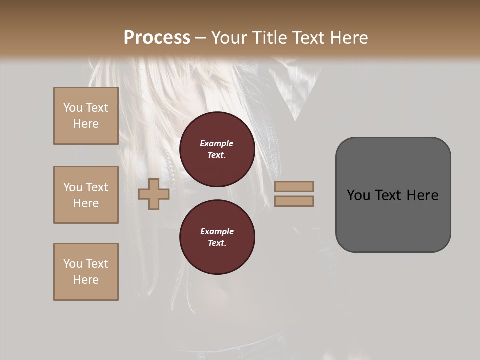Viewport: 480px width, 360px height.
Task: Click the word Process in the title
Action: [157, 38]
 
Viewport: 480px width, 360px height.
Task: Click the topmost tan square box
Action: [86, 116]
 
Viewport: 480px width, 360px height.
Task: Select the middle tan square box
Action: [86, 195]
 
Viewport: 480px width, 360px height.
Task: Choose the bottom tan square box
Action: [86, 272]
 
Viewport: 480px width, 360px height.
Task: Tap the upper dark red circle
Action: [217, 149]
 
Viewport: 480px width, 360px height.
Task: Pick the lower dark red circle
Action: [217, 237]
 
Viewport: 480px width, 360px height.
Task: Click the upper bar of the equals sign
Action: [294, 187]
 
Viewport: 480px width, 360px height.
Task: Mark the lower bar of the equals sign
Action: [294, 201]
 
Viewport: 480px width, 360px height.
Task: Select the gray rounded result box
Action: [393, 195]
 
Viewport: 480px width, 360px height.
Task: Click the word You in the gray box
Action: [359, 195]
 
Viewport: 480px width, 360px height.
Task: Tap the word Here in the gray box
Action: [422, 195]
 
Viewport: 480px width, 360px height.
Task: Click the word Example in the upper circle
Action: [217, 143]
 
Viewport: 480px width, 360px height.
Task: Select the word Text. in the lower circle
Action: [217, 243]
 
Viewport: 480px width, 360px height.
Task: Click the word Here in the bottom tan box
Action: [86, 280]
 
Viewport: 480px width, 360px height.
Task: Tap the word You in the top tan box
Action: [73, 108]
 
